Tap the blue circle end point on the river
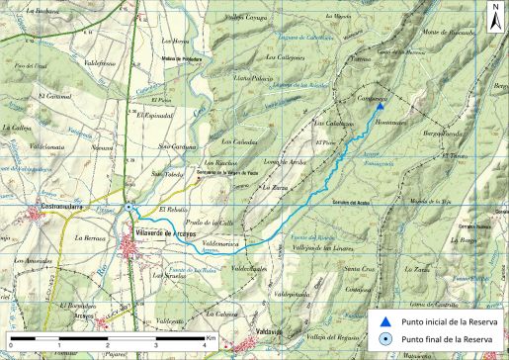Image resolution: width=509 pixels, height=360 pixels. click(x=131, y=209)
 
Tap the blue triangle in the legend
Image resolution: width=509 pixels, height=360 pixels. click(x=388, y=320)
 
